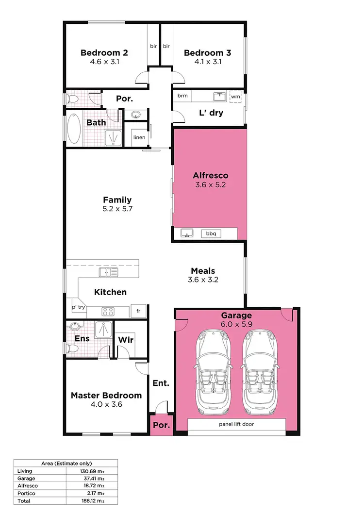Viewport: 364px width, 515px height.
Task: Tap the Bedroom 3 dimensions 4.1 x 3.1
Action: click(x=202, y=62)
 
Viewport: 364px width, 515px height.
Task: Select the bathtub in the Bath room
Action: click(x=74, y=128)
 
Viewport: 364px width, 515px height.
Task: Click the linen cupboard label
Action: click(x=139, y=137)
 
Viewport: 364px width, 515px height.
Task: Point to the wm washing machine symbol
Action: click(x=235, y=97)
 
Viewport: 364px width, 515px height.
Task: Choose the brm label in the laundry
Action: click(x=182, y=96)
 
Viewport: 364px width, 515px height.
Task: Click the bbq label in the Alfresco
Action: click(x=211, y=233)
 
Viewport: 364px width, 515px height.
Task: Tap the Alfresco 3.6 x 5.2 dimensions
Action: click(x=210, y=184)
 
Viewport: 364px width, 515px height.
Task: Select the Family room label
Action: click(x=117, y=199)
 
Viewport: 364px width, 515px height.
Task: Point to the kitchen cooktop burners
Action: click(x=108, y=311)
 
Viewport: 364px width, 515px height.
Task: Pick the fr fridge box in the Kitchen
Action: click(x=138, y=311)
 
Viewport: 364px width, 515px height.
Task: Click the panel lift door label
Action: click(x=236, y=424)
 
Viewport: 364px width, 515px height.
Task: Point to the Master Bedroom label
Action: click(x=106, y=395)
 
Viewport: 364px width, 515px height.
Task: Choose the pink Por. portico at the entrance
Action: click(x=161, y=425)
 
